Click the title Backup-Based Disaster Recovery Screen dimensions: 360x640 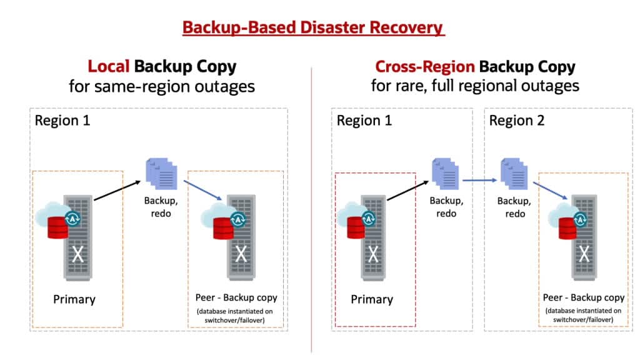click(312, 28)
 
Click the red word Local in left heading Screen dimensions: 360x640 click(109, 66)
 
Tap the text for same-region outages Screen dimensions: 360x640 click(162, 86)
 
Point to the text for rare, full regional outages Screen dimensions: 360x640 click(475, 86)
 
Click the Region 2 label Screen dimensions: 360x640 click(517, 120)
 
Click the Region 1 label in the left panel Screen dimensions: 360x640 click(62, 120)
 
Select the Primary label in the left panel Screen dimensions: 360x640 click(74, 299)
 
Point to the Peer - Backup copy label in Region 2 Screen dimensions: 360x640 click(583, 297)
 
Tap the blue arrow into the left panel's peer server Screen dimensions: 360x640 click(204, 192)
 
